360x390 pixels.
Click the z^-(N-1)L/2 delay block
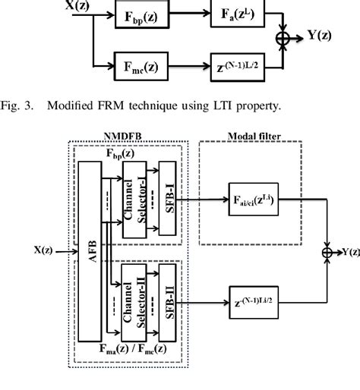(x=238, y=67)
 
